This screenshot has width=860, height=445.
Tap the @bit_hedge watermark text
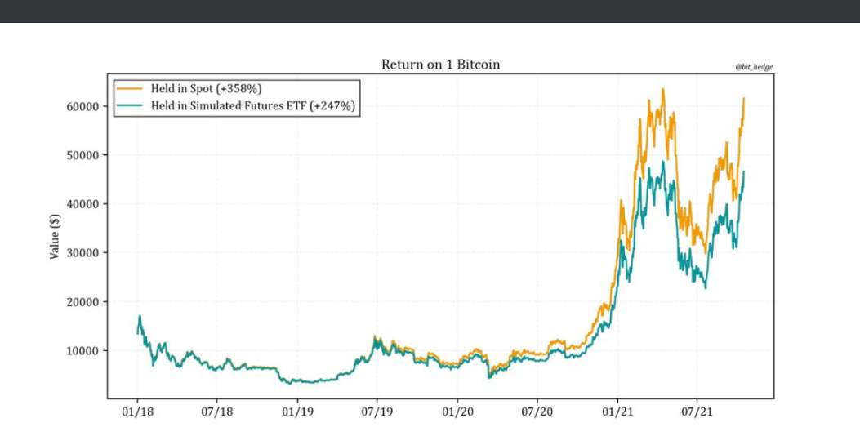coord(755,66)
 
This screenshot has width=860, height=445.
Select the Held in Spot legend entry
coord(205,87)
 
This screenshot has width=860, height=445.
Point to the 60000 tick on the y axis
coord(83,106)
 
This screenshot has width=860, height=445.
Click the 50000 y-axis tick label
coord(83,155)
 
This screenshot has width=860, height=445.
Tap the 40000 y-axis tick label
coord(83,204)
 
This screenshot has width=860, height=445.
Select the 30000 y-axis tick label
coord(83,253)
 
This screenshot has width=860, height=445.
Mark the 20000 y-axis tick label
coord(83,302)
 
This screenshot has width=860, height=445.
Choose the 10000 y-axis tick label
coord(83,351)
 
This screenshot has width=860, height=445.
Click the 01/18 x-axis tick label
coord(137,413)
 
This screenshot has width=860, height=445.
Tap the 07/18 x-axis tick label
coord(216,413)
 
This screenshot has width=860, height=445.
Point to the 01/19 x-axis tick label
coord(297,413)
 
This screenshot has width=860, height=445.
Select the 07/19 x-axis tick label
coord(377,413)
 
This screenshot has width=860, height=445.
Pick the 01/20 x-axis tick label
coord(457,413)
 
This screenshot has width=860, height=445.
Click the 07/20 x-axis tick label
coord(537,413)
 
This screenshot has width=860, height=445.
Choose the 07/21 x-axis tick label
coord(697,413)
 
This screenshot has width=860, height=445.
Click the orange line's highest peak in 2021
coord(662,89)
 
